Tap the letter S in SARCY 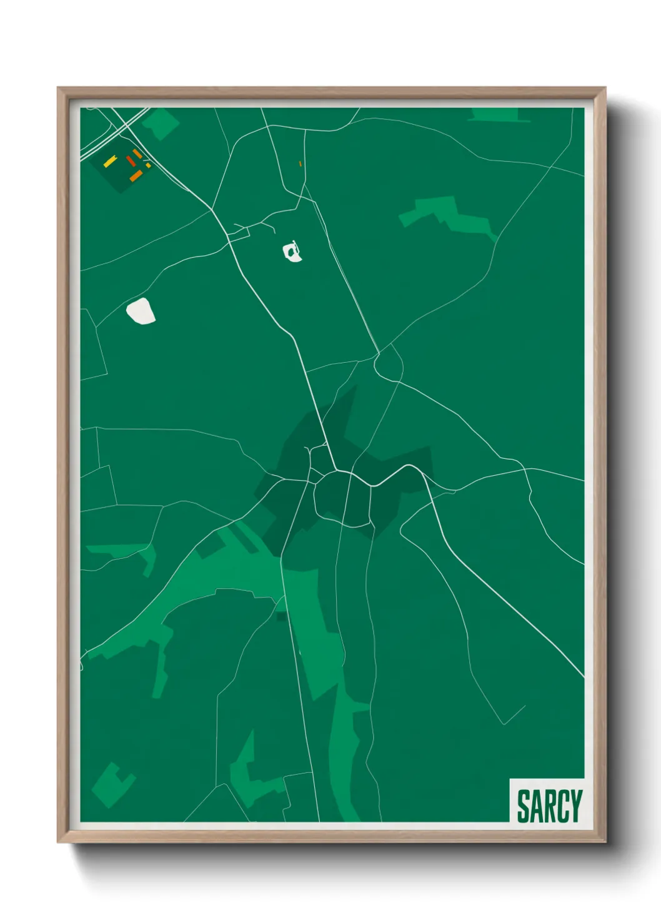(523, 805)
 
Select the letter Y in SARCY (576, 805)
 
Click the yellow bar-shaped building (110, 161)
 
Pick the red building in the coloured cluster (131, 161)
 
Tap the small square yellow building (148, 165)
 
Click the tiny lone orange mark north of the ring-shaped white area (301, 164)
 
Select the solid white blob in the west (141, 311)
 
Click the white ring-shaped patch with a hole (292, 253)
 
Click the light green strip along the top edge (495, 114)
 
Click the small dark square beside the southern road (282, 617)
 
